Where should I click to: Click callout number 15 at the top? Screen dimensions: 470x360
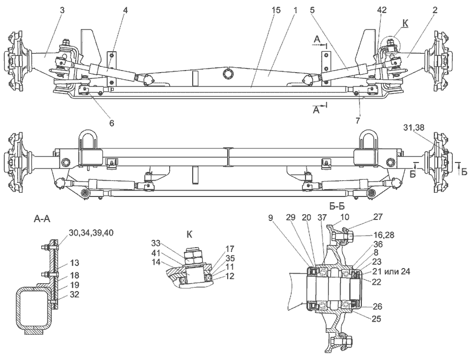tap(276, 10)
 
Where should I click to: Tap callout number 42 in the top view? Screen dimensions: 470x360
tap(382, 10)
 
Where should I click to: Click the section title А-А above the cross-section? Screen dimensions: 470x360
tap(42, 219)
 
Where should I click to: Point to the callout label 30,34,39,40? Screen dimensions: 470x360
tap(91, 233)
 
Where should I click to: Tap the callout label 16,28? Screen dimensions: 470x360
tap(384, 235)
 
